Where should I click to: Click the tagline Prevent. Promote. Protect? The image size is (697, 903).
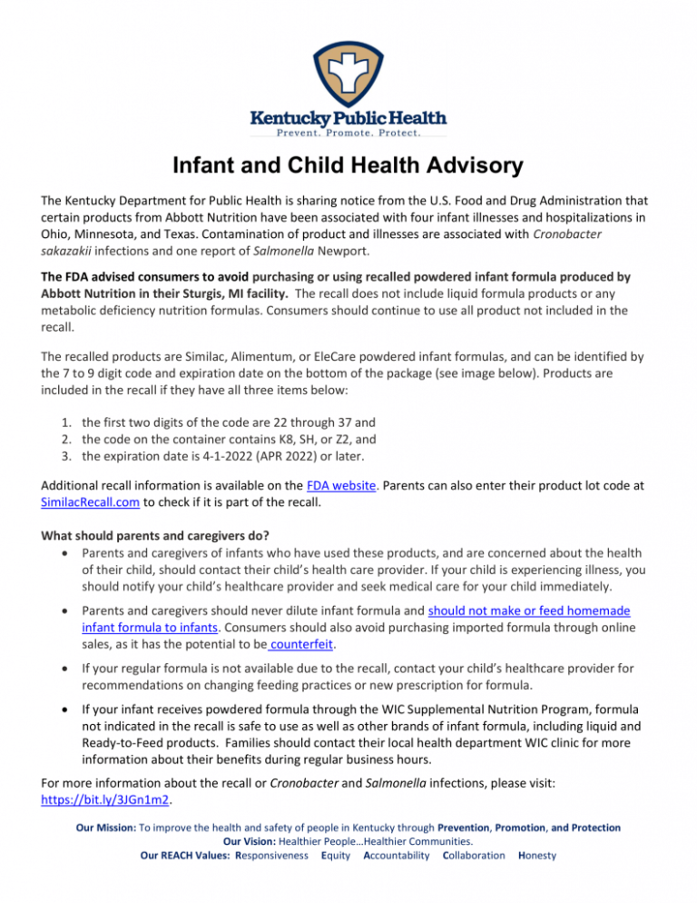click(348, 133)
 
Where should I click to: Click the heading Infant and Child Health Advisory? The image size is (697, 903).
click(348, 166)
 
